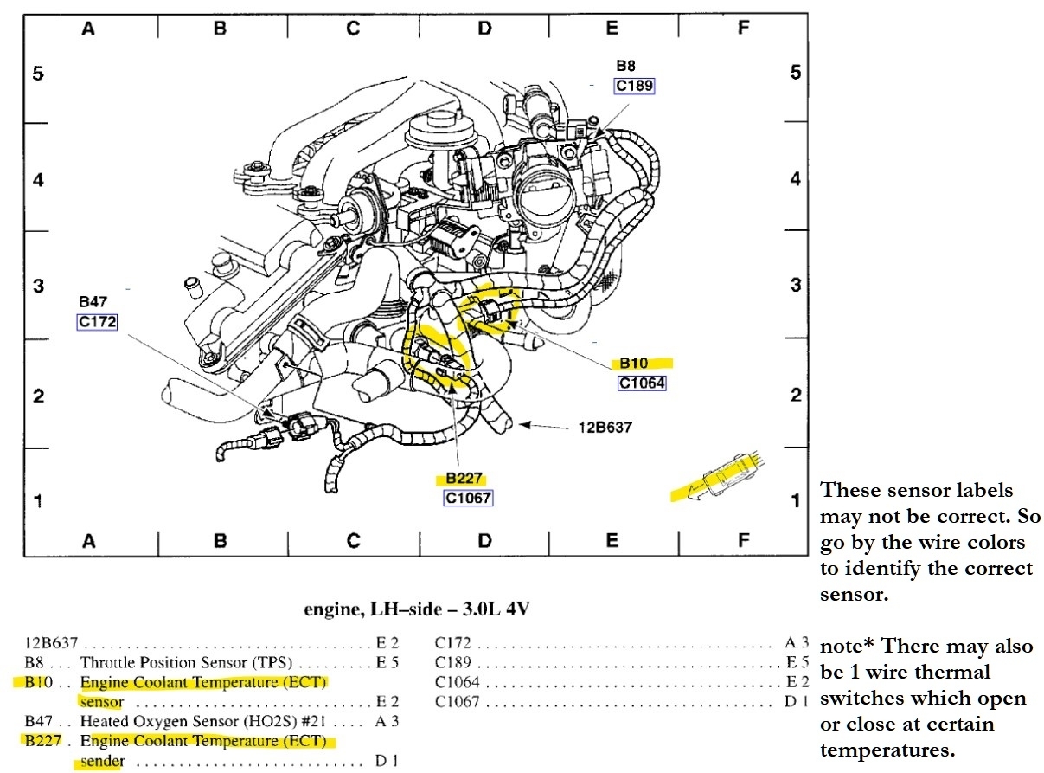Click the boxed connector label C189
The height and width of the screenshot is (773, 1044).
pos(634,85)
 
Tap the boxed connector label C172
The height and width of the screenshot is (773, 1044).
pos(96,322)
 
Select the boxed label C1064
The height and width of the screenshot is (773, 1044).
pos(642,383)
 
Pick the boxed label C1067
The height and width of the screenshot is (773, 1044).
pos(468,498)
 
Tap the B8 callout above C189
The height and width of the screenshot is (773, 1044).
pos(626,65)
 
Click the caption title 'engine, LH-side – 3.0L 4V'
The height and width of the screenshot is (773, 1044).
pos(416,609)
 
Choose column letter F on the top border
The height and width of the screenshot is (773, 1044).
pos(742,29)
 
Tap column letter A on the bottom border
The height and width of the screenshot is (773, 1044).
pos(87,541)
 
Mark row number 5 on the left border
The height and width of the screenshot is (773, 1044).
pos(37,74)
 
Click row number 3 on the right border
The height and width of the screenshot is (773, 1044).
pos(795,285)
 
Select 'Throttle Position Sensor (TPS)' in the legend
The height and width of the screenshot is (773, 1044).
pos(186,663)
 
